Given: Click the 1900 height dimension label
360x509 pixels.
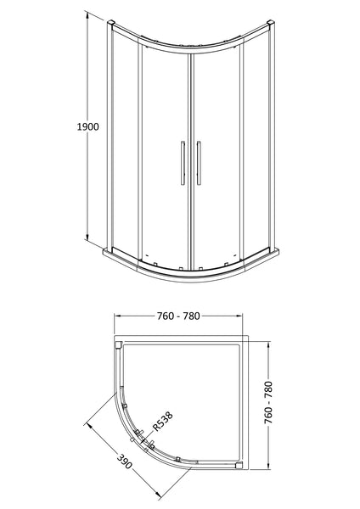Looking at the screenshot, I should (86, 126).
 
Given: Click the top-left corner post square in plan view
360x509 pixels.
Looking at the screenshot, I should (117, 345).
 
